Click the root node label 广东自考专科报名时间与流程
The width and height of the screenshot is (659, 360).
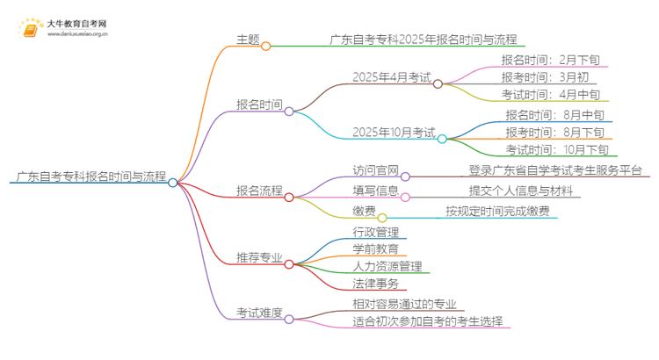pos(91,176)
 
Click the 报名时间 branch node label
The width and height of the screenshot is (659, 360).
pos(259,105)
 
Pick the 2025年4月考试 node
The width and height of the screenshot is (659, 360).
pos(391,79)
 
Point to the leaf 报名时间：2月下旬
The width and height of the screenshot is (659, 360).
pos(551,61)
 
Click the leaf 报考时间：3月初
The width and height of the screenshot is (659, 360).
pos(545,77)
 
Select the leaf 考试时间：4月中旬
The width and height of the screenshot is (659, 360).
pos(551,94)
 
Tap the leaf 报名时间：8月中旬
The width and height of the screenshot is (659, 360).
pos(554,115)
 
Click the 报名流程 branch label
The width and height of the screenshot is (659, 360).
pos(259,190)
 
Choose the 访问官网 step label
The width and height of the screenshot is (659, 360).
pos(376,170)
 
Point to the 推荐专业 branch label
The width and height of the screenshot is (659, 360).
pos(259,258)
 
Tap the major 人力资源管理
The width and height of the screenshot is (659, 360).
pos(387,266)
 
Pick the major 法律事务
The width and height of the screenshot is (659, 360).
pos(376,283)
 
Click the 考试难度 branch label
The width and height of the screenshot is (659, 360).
pos(259,312)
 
